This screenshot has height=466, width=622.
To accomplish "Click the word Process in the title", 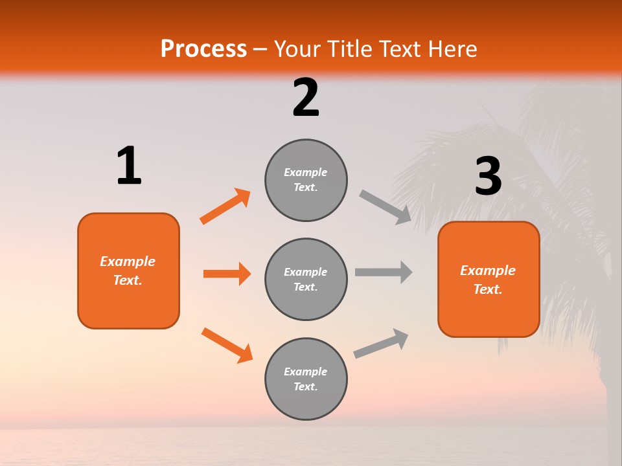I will pos(203,49).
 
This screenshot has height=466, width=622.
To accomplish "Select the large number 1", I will pos(129,166).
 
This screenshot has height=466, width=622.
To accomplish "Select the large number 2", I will pos(306,98).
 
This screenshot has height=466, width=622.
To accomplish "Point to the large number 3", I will pos(488,176).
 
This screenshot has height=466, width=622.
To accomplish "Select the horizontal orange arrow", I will pos(227,274).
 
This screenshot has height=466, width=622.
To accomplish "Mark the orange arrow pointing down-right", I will pos(227,345).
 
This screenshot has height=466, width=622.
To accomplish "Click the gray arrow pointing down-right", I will pos(386,206).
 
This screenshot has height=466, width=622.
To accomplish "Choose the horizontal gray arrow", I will pos(384,272).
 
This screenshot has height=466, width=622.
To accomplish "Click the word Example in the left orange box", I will pos(128,261).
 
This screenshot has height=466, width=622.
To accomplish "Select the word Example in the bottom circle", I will pos(306,372).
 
